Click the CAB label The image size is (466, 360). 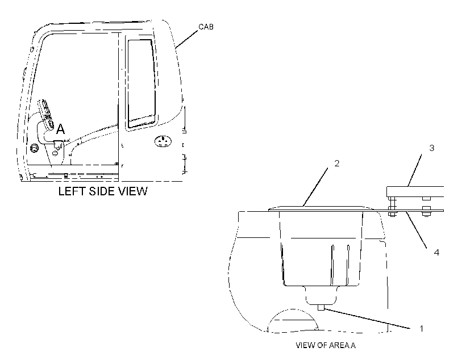click(x=206, y=27)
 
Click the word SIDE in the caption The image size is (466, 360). click(x=102, y=191)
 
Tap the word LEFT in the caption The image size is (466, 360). click(x=72, y=191)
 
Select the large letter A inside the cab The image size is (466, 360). click(x=60, y=129)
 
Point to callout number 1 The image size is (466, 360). click(x=421, y=329)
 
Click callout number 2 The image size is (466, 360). click(x=337, y=163)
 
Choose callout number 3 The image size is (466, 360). click(x=432, y=148)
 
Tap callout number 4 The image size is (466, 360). click(x=436, y=252)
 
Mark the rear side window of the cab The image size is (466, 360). click(x=142, y=82)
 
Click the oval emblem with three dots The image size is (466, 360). click(x=163, y=141)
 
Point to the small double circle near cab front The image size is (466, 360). click(x=34, y=147)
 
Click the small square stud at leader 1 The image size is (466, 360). click(x=321, y=307)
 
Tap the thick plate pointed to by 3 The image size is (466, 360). click(x=415, y=191)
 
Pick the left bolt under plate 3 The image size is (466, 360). click(x=392, y=207)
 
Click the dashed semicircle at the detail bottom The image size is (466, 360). click(x=293, y=320)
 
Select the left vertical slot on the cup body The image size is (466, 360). click(x=332, y=265)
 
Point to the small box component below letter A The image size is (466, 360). click(x=58, y=144)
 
